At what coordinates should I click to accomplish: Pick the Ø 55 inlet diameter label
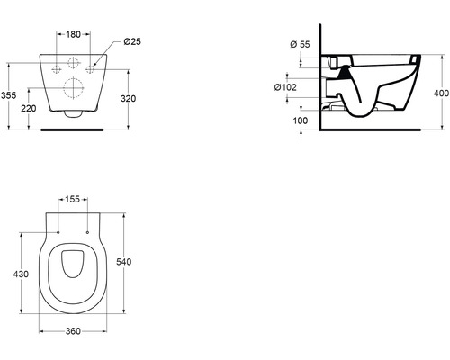(x=300, y=44)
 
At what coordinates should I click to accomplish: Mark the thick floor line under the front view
(x=75, y=129)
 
